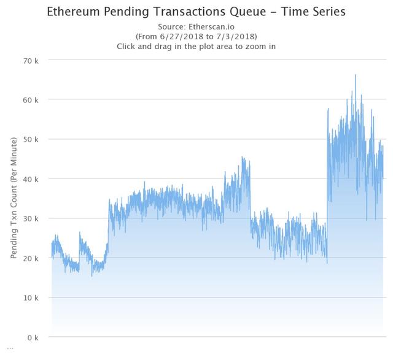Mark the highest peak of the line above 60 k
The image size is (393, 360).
click(355, 75)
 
